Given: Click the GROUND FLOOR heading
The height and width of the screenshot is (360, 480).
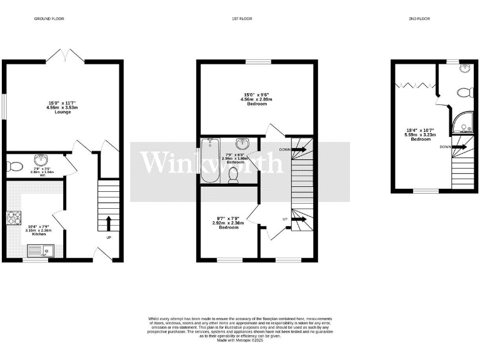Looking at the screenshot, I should click(x=49, y=19).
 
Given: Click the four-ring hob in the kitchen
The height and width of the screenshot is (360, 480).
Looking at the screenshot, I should click(x=13, y=218).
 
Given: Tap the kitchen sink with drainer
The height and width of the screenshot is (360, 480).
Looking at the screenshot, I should click(x=42, y=252).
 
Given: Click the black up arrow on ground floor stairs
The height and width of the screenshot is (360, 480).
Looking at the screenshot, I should click(x=109, y=222).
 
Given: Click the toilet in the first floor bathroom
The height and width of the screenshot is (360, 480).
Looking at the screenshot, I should click(x=234, y=177).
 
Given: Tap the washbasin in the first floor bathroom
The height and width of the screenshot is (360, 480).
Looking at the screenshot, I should click(x=249, y=143).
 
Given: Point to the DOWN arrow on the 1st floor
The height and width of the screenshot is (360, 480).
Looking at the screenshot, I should click(x=299, y=149).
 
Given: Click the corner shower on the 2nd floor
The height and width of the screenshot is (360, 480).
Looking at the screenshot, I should click(x=464, y=126).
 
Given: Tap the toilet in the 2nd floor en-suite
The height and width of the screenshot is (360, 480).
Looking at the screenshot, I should click(x=463, y=93).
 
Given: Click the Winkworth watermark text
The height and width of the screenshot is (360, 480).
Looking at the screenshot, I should click(x=211, y=162).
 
